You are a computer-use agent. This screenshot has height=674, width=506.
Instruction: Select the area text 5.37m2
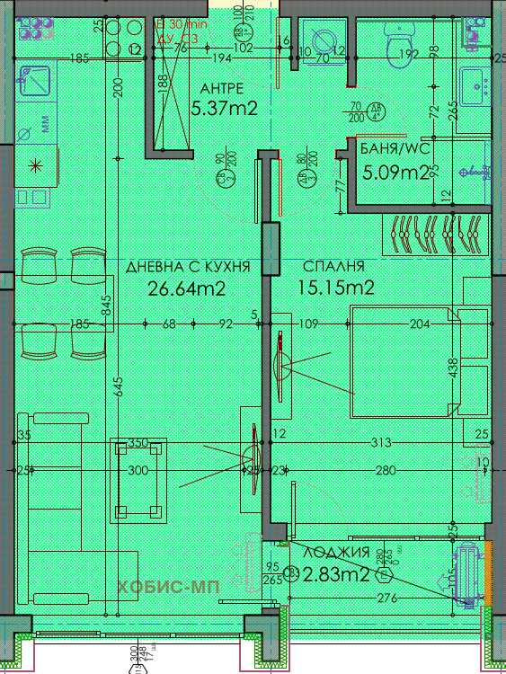(x=225, y=109)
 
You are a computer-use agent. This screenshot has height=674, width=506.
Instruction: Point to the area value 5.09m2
(x=393, y=172)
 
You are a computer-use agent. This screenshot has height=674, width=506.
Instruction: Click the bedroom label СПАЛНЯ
(x=333, y=267)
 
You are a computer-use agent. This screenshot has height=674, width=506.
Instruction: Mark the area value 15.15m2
(x=335, y=288)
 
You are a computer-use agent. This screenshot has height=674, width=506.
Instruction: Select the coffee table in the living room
(x=138, y=481)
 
